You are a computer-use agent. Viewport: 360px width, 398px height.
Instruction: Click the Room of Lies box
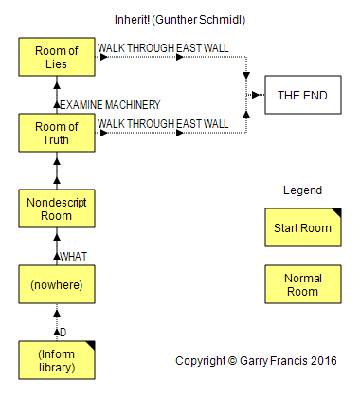(57, 57)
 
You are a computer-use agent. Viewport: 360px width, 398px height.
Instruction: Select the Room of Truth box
(57, 133)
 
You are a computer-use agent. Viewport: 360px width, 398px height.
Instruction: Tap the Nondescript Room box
(57, 208)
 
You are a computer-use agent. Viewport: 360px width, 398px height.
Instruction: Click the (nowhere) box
(57, 284)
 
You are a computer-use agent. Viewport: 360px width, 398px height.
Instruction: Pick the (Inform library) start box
(57, 360)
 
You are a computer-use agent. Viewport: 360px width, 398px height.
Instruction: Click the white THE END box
(303, 95)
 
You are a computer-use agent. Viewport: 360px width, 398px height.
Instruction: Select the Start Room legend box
(303, 227)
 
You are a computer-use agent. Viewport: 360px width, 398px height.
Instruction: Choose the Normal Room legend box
(303, 284)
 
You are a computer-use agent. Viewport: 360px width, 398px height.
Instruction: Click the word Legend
(302, 190)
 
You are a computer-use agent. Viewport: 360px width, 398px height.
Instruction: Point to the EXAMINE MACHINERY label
(110, 105)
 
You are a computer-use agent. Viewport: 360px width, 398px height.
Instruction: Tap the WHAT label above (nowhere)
(73, 257)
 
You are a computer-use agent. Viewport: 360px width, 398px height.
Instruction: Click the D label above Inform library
(63, 333)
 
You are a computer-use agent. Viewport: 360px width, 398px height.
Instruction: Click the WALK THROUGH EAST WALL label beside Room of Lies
(163, 48)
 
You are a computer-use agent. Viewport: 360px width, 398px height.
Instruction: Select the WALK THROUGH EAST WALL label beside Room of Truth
(163, 124)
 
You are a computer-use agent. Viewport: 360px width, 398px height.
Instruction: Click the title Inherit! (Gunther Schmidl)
(180, 20)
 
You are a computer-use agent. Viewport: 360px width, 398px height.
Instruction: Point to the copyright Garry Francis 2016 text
(256, 361)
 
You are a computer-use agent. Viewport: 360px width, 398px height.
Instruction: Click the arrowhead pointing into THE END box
(256, 95)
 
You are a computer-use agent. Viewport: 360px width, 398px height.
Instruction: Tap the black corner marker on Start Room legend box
(336, 212)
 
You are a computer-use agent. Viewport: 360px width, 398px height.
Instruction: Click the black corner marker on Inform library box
(90, 345)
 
